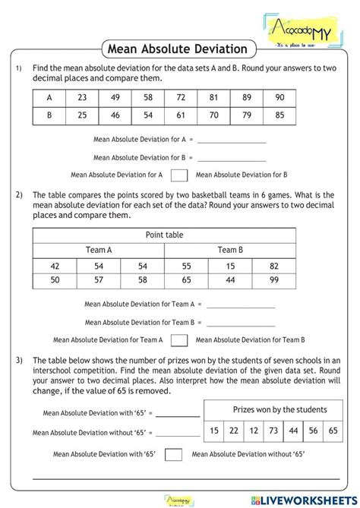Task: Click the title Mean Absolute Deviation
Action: point(178,49)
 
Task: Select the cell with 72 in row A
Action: point(181,97)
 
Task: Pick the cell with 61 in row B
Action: point(181,115)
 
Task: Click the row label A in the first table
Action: point(49,97)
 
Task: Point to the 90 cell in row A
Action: point(279,97)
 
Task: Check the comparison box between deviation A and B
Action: point(179,175)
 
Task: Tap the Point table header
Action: point(164,235)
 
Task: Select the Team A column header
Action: point(98,250)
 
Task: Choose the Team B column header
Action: point(230,250)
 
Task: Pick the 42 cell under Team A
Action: point(55,266)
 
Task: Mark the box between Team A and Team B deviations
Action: point(179,340)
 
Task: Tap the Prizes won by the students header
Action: point(279,409)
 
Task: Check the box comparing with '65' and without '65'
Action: point(174,455)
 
